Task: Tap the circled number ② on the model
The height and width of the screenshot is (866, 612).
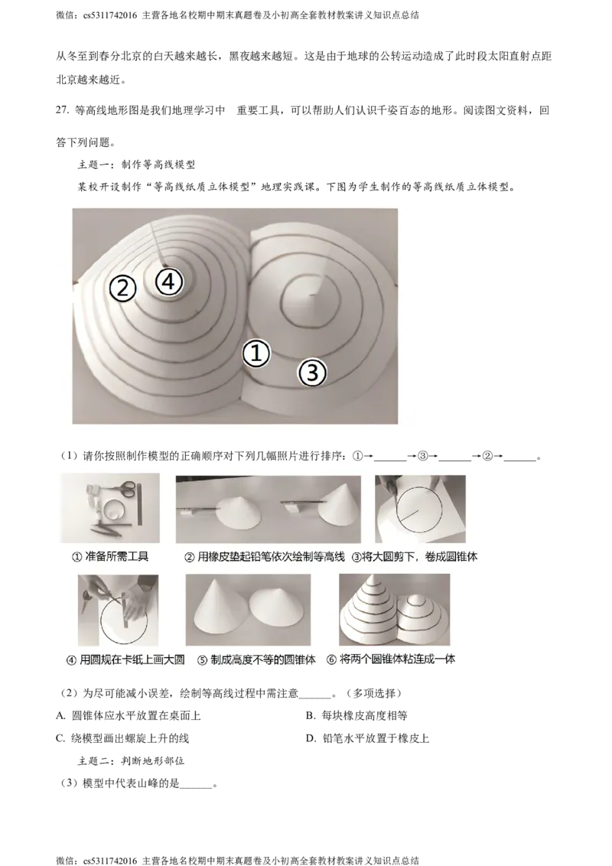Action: coord(122,288)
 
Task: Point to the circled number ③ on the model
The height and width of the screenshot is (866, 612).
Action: coord(313,373)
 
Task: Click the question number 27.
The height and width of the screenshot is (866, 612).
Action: coord(63,110)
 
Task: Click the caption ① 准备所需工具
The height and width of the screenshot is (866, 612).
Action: coord(110,557)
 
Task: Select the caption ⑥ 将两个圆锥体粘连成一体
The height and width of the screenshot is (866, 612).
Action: coord(391,659)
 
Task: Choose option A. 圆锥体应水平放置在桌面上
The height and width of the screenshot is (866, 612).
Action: coord(129,716)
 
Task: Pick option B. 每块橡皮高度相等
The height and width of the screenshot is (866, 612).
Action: coord(356,716)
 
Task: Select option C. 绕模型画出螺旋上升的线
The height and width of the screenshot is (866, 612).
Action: coord(122,738)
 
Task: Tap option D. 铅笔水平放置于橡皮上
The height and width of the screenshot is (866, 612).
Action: coord(368,738)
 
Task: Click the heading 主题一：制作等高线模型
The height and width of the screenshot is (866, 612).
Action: coord(136,164)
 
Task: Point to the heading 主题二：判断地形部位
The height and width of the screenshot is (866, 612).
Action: coord(131,761)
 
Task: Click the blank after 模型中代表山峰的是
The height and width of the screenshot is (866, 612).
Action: coord(196,785)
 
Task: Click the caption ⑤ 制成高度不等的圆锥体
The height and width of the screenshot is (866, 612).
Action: coord(256,659)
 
